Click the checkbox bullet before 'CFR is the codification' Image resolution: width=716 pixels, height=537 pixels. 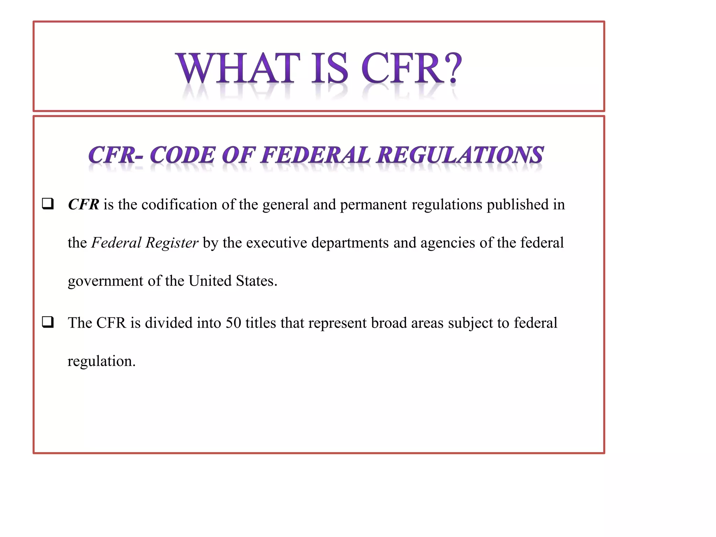[48, 203]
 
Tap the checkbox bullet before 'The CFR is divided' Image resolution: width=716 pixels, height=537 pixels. [48, 322]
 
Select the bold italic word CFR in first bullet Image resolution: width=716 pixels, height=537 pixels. [84, 205]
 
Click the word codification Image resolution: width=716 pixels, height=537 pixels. [179, 205]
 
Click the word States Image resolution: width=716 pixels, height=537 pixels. [256, 281]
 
